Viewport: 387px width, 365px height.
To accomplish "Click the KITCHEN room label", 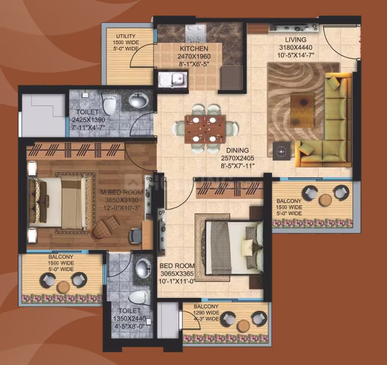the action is click(x=193, y=48).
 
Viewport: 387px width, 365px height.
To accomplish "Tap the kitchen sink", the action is click(x=172, y=79).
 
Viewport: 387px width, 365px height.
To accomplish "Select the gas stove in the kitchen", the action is click(x=195, y=33).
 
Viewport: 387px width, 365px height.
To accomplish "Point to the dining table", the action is click(x=205, y=129).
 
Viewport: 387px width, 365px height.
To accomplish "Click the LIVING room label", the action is click(x=296, y=39).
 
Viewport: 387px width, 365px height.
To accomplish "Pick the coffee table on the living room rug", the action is click(x=302, y=110).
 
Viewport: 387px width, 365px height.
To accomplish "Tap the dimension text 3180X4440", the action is click(x=296, y=47).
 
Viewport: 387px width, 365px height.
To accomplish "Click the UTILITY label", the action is click(x=126, y=36).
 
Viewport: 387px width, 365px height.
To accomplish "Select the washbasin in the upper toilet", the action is click(x=139, y=100).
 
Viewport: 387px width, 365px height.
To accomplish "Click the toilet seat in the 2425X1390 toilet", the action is click(x=109, y=104).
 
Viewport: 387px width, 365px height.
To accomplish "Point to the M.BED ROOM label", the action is click(x=121, y=192).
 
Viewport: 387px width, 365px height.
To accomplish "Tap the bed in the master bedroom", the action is click(x=58, y=202).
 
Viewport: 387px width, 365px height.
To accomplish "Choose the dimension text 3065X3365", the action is click(x=177, y=273).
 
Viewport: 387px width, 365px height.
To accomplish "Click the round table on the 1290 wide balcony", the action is click(x=243, y=326).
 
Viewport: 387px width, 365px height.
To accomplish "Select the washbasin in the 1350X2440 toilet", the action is click(x=143, y=268).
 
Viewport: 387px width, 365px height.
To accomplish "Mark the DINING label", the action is click(x=237, y=150).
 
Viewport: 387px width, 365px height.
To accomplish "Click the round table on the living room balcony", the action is click(x=325, y=200).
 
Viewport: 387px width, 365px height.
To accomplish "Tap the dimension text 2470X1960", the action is click(x=194, y=57).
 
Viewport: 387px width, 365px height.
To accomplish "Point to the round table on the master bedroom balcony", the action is click(x=63, y=287).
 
